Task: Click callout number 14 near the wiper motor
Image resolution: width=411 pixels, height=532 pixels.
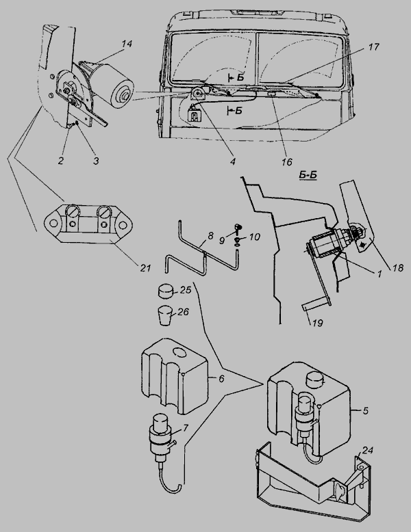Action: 127,44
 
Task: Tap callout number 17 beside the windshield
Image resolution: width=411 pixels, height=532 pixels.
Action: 373,46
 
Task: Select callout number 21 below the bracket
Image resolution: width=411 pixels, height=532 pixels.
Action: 145,268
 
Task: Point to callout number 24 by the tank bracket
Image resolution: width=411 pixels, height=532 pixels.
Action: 368,450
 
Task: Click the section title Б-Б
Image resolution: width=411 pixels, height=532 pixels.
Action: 308,175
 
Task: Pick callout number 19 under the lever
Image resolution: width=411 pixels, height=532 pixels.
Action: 318,323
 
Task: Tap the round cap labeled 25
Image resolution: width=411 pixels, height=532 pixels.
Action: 165,292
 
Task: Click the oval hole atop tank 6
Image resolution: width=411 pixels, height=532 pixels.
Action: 179,352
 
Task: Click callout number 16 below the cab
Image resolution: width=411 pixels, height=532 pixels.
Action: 287,162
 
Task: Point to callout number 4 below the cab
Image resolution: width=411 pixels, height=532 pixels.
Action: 232,162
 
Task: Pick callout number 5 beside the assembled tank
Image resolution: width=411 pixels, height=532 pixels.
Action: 365,410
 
